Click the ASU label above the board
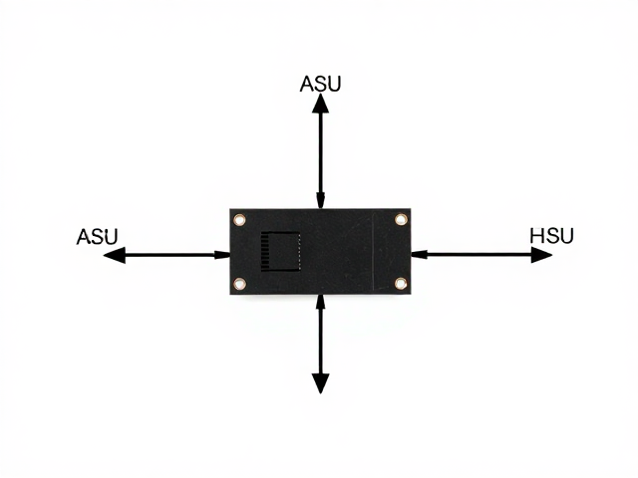(x=320, y=84)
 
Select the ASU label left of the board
(x=97, y=237)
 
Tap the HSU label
(x=551, y=236)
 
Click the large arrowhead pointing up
(x=321, y=104)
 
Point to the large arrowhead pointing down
(x=321, y=383)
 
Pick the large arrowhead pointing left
(x=115, y=255)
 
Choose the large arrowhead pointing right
(x=541, y=255)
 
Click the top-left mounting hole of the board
(x=239, y=220)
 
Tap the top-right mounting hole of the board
(x=401, y=219)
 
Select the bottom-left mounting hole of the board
(x=239, y=283)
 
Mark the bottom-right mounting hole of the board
(x=401, y=283)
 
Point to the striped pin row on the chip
(x=265, y=251)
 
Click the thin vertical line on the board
(x=373, y=252)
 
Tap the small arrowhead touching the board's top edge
(x=321, y=201)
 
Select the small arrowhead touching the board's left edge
(x=222, y=255)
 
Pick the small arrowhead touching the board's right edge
(x=419, y=255)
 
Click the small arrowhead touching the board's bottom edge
(x=321, y=301)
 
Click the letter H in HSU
(x=536, y=236)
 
